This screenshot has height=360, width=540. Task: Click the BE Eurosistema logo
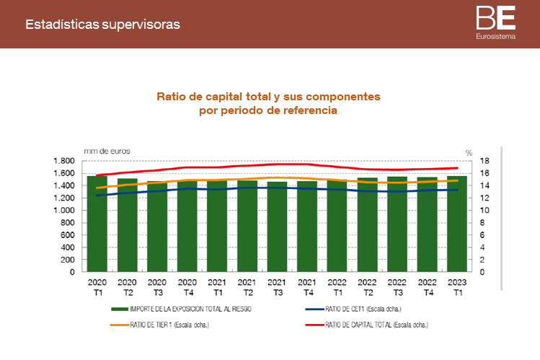(x=495, y=22)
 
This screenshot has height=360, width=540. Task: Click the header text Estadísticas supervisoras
(x=102, y=25)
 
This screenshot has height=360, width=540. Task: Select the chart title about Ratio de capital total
(x=268, y=103)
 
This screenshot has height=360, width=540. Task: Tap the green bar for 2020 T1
(x=97, y=231)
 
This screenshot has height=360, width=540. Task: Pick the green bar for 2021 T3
(x=277, y=231)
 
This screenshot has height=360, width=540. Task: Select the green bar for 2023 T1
(x=456, y=231)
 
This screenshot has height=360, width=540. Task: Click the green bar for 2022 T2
(x=367, y=231)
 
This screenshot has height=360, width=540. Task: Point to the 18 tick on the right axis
(x=484, y=161)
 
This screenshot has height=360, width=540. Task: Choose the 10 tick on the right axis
(x=484, y=211)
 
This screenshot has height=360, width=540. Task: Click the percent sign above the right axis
(x=469, y=152)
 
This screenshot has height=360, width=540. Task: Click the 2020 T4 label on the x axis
(x=187, y=287)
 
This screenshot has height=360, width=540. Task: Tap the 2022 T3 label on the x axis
(x=397, y=287)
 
